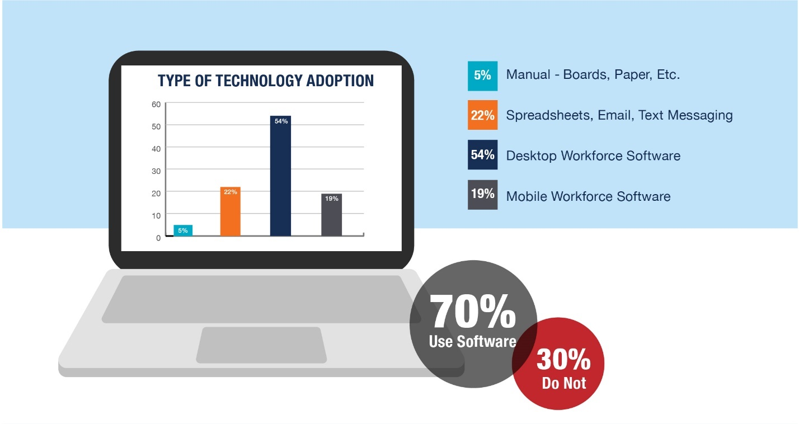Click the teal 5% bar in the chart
183,230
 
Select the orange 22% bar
231,211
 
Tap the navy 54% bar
280,176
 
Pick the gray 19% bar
331,215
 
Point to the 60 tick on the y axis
156,105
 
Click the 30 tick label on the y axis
156,171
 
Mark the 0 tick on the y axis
158,238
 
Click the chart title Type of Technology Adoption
266,81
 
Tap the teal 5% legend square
483,76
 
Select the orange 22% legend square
483,115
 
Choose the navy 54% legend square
483,154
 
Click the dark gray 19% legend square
483,195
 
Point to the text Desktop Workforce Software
593,156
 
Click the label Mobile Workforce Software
588,196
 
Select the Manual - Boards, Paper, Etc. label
593,74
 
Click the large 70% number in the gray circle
473,311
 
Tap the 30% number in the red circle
563,359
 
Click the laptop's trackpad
261,345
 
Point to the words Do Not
564,383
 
